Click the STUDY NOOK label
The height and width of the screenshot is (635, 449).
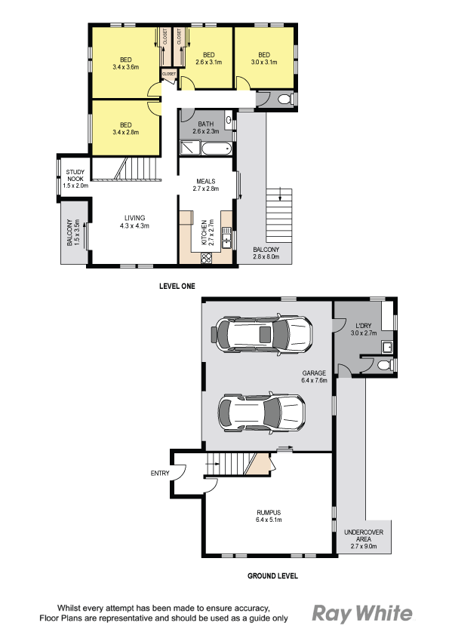click(x=75, y=176)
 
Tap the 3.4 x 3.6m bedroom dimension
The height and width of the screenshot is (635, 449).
click(x=126, y=67)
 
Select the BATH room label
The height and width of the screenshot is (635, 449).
click(x=206, y=124)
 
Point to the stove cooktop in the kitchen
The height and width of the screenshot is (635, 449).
click(x=206, y=258)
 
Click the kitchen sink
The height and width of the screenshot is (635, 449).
click(x=226, y=238)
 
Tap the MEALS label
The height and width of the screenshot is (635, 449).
click(x=206, y=182)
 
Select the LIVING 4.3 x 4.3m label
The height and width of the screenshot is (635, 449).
click(x=134, y=222)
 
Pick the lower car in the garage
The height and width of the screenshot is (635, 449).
click(x=261, y=412)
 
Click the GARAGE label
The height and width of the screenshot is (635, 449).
click(x=314, y=373)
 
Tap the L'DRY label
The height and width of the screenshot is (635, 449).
click(x=364, y=326)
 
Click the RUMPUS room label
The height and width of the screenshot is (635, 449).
click(x=269, y=512)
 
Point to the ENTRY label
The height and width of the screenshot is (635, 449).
click(x=160, y=473)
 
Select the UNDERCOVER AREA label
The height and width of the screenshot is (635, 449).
click(x=364, y=535)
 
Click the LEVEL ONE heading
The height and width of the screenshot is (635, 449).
click(x=177, y=286)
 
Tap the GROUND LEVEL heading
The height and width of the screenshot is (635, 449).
click(x=272, y=575)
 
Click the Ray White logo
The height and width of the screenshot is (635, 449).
click(x=362, y=614)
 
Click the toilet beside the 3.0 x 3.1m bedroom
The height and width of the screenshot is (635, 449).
click(x=285, y=99)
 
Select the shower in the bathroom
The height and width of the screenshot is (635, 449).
click(x=189, y=148)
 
